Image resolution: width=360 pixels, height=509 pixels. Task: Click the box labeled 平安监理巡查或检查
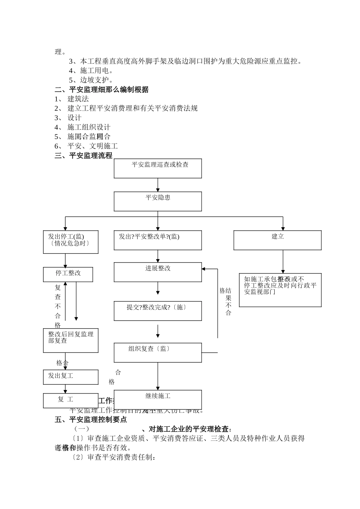coord(158,168)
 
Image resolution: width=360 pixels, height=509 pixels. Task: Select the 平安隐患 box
coord(158,201)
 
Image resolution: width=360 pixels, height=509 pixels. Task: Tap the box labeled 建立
coord(277,240)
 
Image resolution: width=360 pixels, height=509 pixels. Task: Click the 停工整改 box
coord(68,274)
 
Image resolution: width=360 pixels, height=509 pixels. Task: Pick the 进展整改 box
coord(158,272)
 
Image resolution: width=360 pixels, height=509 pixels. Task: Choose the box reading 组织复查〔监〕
coord(158,352)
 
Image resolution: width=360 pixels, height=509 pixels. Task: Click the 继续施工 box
coord(158,399)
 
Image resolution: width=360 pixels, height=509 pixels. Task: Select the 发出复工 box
coord(70,377)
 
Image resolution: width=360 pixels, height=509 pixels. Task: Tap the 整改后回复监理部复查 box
coord(70,340)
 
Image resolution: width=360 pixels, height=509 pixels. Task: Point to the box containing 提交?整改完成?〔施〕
coord(158,311)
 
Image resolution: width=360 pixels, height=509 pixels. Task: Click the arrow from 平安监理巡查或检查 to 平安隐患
coord(158,185)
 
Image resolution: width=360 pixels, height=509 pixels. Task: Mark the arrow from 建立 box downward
coord(283,261)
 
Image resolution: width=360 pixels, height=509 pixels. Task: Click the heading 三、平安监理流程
coord(84,155)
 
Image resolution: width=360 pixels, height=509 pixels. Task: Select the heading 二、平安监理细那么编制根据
coord(102,90)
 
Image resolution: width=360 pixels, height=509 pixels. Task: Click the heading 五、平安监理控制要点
coord(91,420)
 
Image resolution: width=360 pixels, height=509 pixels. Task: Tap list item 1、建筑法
coord(72,99)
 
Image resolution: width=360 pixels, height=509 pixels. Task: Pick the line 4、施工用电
coord(91,70)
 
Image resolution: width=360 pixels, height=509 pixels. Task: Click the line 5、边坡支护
coord(91,80)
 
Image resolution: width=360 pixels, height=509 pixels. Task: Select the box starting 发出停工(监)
coord(70,242)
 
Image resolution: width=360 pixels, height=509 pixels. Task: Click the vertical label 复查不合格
coord(58,306)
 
